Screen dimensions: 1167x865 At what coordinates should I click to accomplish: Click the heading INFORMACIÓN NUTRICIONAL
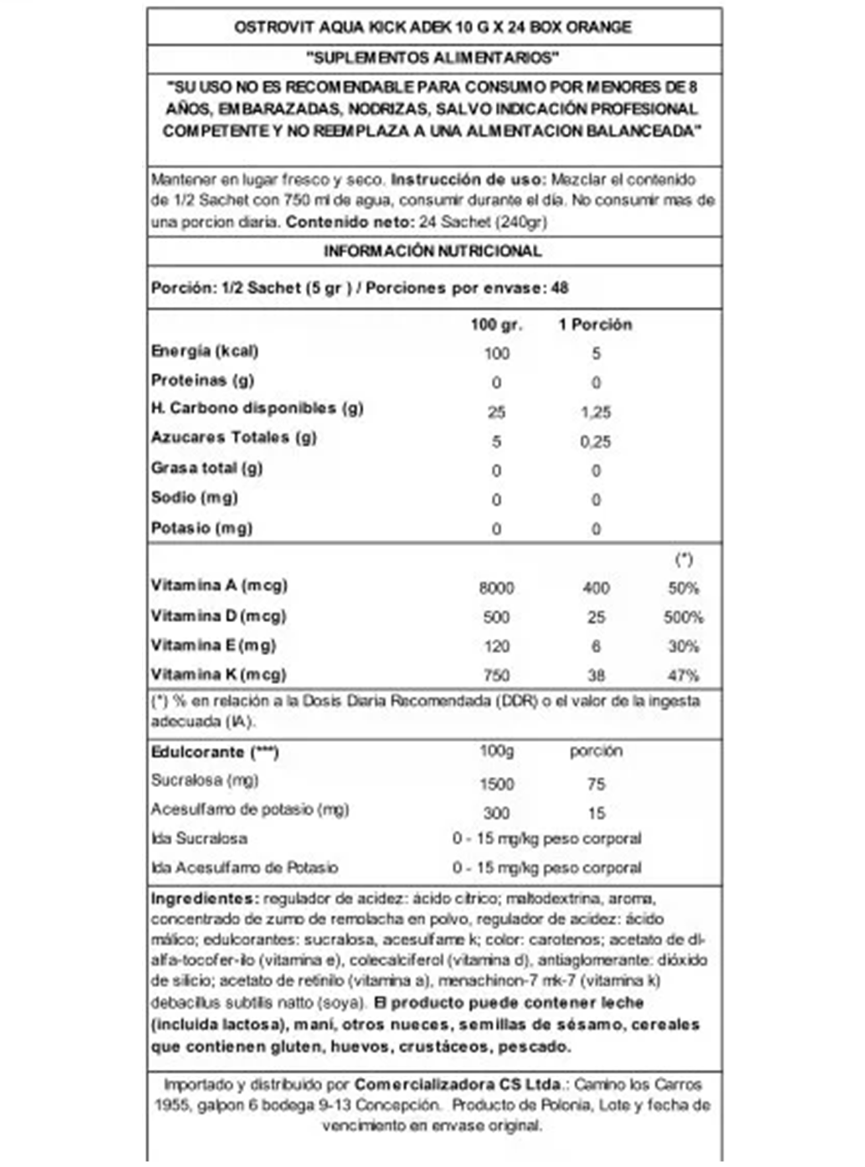pyautogui.click(x=432, y=252)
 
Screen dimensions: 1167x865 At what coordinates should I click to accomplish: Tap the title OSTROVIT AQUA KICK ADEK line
pyautogui.click(x=432, y=27)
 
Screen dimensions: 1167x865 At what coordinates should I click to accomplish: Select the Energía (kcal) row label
pyautogui.click(x=205, y=351)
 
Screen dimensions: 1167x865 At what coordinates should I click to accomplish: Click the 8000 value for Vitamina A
pyautogui.click(x=496, y=588)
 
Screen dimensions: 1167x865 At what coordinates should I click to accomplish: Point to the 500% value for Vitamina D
pyautogui.click(x=683, y=618)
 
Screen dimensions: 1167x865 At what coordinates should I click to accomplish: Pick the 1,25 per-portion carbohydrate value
pyautogui.click(x=596, y=412)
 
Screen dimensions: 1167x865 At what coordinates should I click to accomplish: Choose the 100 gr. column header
pyautogui.click(x=496, y=325)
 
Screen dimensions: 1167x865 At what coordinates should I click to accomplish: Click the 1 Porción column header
pyautogui.click(x=595, y=325)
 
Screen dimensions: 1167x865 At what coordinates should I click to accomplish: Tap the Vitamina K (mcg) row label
pyautogui.click(x=218, y=674)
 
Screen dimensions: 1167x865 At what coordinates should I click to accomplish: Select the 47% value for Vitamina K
pyautogui.click(x=683, y=676)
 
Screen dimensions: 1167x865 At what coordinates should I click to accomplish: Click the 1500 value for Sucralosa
pyautogui.click(x=496, y=784)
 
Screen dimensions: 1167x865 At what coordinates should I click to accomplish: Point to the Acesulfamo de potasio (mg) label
pyautogui.click(x=250, y=809)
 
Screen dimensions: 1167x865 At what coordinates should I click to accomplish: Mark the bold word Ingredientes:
pyautogui.click(x=205, y=899)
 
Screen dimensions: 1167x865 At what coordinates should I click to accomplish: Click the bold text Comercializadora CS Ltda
pyautogui.click(x=457, y=1084)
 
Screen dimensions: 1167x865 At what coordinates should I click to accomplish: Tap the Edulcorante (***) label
pyautogui.click(x=215, y=752)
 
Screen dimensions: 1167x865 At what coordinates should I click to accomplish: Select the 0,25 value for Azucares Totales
pyautogui.click(x=595, y=442)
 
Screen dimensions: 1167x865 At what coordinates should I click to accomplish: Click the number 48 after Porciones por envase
pyautogui.click(x=559, y=288)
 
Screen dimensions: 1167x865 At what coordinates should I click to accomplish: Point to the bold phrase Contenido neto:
pyautogui.click(x=350, y=222)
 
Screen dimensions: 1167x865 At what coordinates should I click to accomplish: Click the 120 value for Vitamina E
pyautogui.click(x=496, y=646)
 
